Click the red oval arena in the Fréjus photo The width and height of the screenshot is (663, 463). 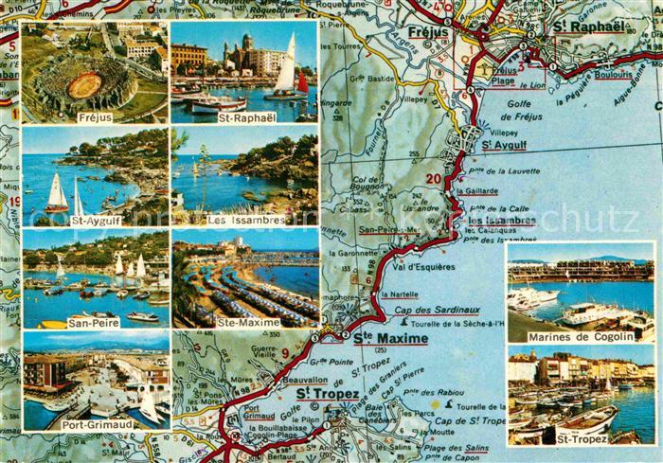tap(84, 85)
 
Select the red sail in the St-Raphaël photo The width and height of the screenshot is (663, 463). tap(302, 83)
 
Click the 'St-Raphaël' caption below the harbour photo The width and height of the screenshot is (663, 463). tap(244, 117)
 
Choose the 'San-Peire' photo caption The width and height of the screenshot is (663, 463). tap(94, 322)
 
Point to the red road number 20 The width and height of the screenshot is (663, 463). tap(434, 178)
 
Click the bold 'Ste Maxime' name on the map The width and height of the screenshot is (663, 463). tap(391, 338)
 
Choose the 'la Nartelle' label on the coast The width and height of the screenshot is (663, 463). tap(399, 294)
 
